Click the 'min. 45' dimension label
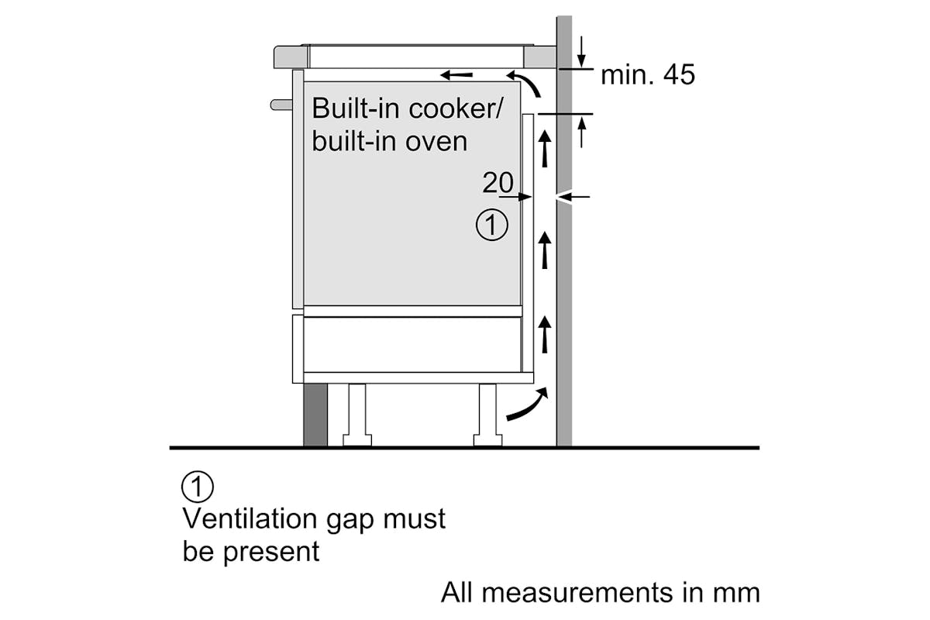point(648,75)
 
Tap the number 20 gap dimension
point(498,182)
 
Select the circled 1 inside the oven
point(491,225)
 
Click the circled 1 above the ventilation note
point(198,486)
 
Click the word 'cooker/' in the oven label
point(456,108)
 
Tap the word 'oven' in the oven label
point(436,143)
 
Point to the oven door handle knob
point(281,105)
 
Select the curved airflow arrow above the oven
point(525,83)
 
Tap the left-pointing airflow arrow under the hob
point(456,75)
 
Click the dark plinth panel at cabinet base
point(315,415)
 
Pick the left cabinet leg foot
point(357,440)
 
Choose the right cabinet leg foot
point(487,440)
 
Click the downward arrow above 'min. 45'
point(581,52)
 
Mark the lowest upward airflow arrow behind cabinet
point(545,335)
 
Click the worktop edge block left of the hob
point(291,57)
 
